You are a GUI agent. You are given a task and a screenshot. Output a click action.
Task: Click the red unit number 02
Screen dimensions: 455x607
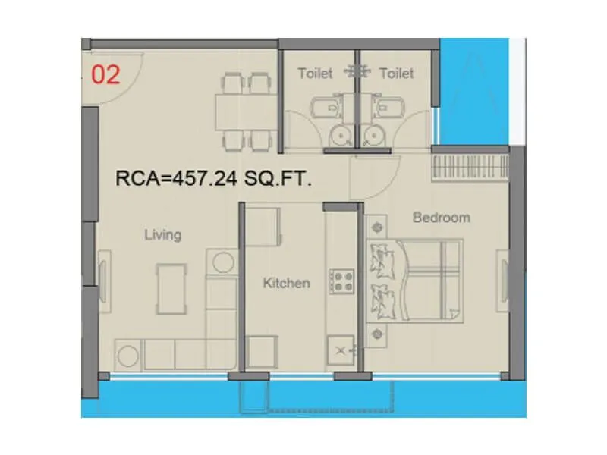point(105,76)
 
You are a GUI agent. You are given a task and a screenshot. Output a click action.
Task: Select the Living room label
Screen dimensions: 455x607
point(162,234)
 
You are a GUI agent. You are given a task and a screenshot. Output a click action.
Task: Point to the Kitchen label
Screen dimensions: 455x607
point(286,283)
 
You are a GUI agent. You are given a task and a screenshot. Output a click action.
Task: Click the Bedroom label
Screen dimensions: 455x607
point(441,218)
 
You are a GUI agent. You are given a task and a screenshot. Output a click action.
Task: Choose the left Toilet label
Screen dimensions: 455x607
point(315,74)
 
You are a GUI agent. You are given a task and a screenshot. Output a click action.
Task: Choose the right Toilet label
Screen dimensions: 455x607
point(396,74)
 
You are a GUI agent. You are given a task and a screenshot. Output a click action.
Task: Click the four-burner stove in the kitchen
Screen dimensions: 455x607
point(341,281)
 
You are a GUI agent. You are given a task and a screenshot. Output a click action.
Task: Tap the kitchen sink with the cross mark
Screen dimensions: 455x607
point(341,350)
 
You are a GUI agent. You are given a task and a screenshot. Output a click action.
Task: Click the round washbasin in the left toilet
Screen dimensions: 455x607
point(339,135)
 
